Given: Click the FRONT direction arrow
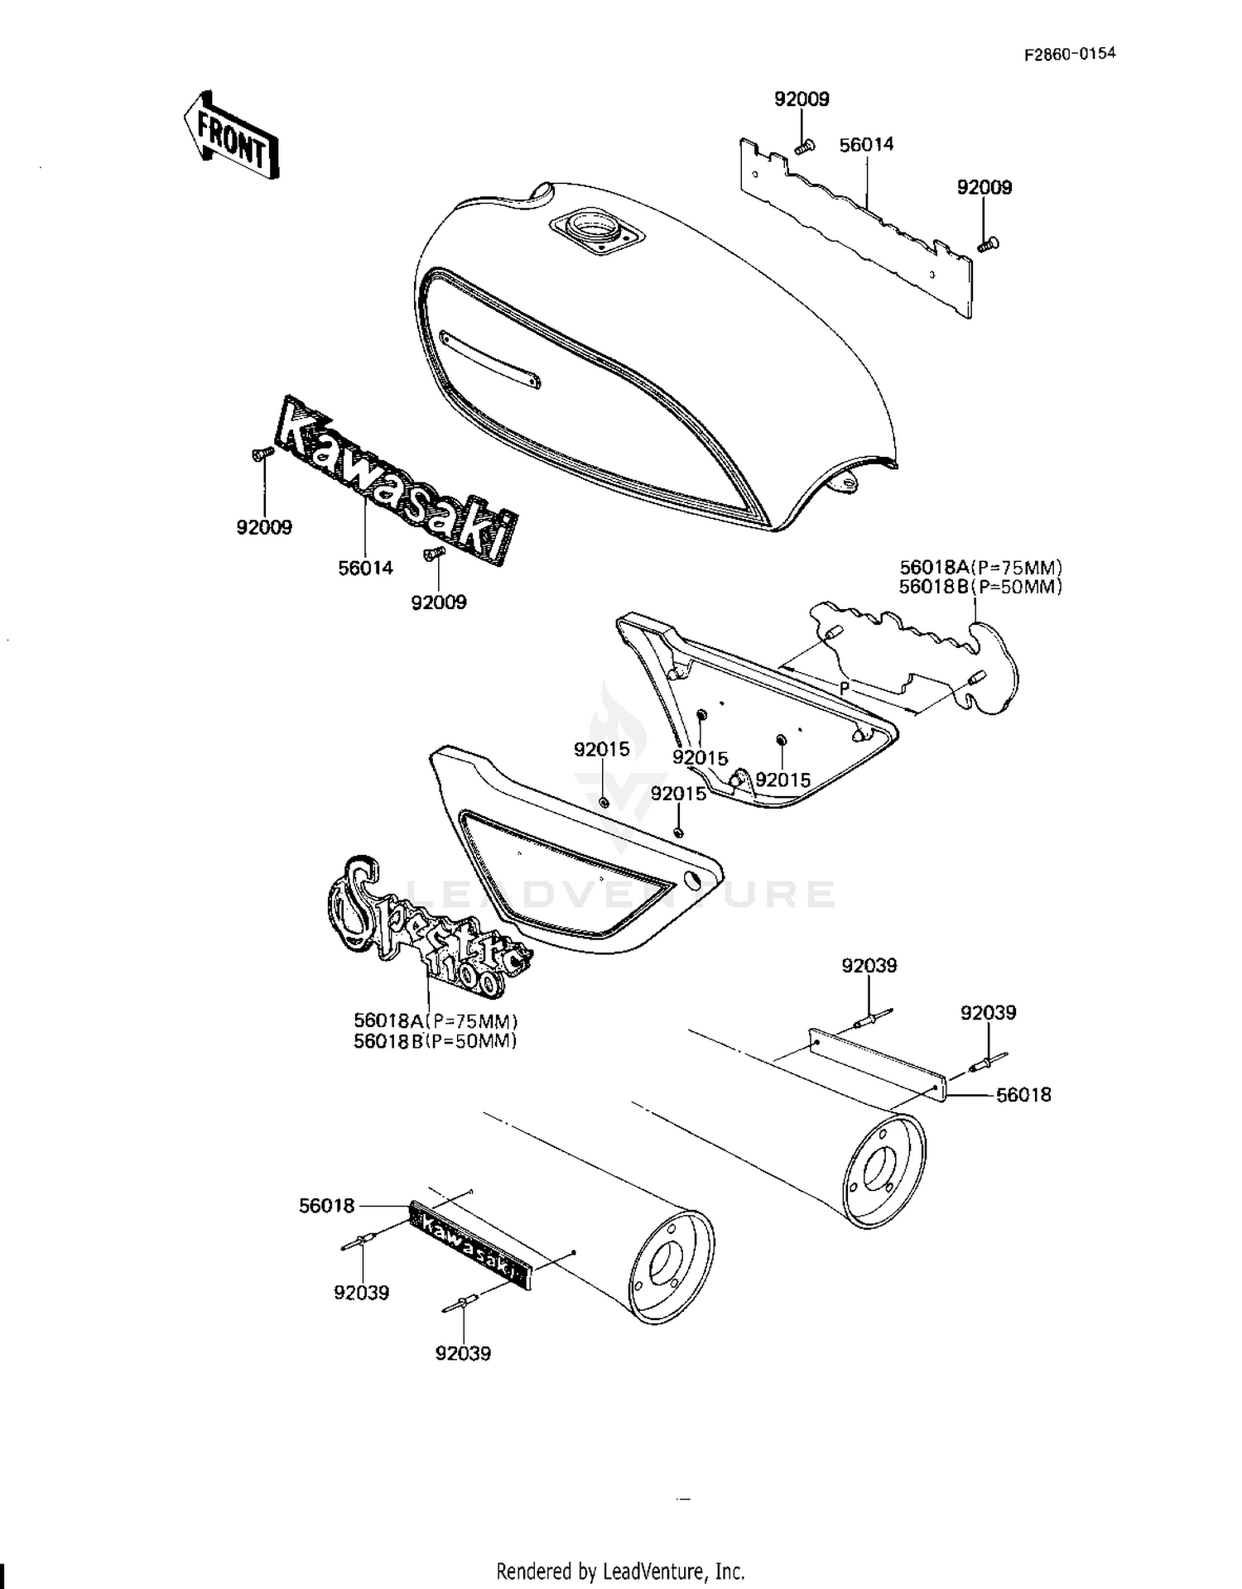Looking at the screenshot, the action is click(231, 135).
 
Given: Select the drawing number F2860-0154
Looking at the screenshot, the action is click(1070, 54).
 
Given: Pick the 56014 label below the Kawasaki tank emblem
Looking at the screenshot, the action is click(365, 568).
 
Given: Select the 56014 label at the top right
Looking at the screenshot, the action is click(867, 144).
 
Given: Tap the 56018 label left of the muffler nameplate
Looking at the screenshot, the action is click(327, 1206).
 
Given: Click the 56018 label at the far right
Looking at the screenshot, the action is click(1023, 1094).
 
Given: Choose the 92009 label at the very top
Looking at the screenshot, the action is click(802, 98).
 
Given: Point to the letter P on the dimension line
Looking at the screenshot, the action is click(845, 687).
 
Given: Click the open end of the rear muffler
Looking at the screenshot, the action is click(883, 1169).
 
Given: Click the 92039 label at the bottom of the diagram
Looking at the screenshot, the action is click(463, 1354).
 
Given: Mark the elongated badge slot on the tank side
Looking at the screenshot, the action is click(490, 361).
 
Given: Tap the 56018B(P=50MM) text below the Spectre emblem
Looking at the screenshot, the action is click(436, 1041).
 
